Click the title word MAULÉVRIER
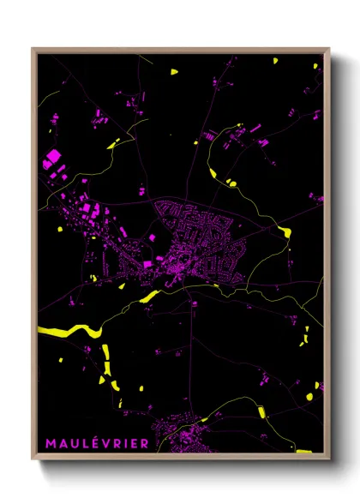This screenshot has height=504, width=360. coord(96,443)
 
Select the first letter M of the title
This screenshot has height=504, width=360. coord(50,443)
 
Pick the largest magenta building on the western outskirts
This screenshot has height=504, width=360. coord(52,157)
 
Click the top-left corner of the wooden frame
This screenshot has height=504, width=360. coord(33,49)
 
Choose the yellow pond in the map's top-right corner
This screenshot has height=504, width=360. coord(276,61)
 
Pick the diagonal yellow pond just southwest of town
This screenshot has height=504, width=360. coord(150,297)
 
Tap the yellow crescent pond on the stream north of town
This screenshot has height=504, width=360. coord(231,182)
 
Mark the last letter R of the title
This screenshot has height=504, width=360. coord(143,443)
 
